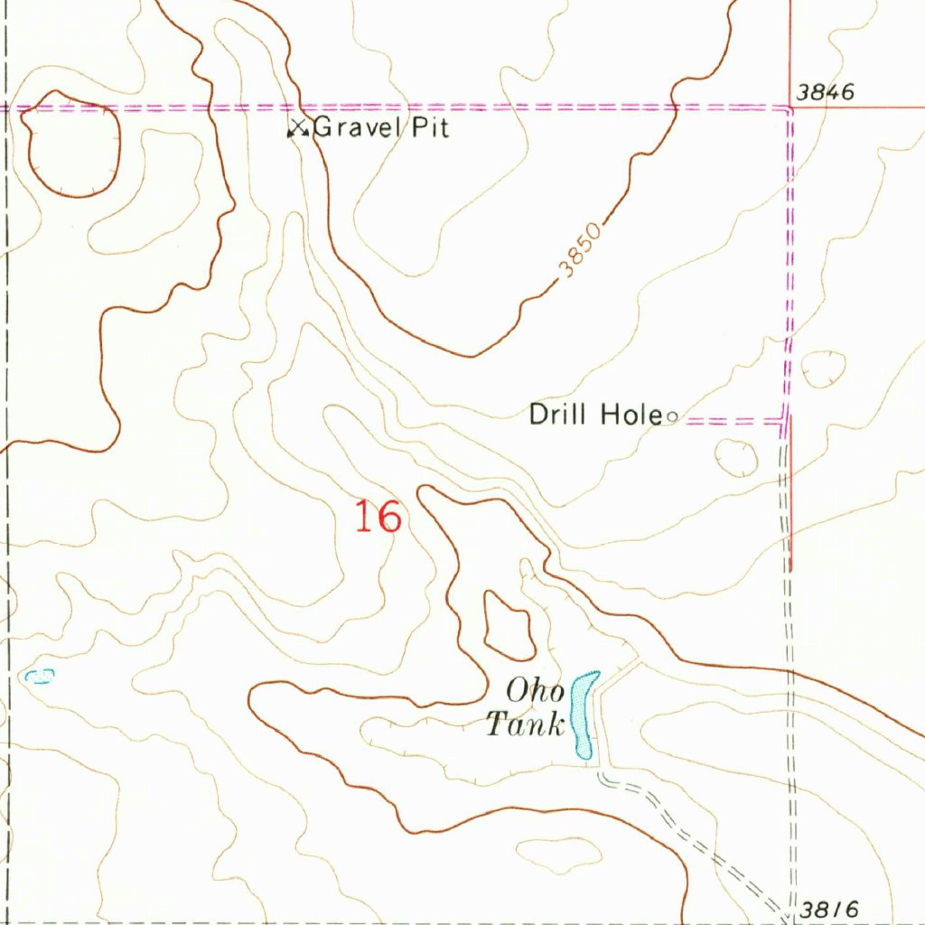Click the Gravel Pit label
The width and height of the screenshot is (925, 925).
pos(380,128)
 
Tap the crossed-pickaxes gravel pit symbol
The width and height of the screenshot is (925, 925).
pos(297,129)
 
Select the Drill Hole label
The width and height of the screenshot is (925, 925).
pos(595,415)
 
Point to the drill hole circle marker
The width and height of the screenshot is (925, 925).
pos(671,416)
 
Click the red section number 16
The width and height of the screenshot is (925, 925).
pos(377,518)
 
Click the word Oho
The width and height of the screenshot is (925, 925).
pos(535,693)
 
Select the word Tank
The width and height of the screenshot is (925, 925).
pos(526,724)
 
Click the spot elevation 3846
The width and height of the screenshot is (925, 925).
pos(825,92)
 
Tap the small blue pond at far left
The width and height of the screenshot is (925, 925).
pos(40,676)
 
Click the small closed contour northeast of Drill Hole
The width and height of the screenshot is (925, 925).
pos(823,369)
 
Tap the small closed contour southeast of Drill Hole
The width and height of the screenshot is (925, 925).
pos(737,458)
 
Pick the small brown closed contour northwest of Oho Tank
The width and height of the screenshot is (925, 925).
pos(508,624)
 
